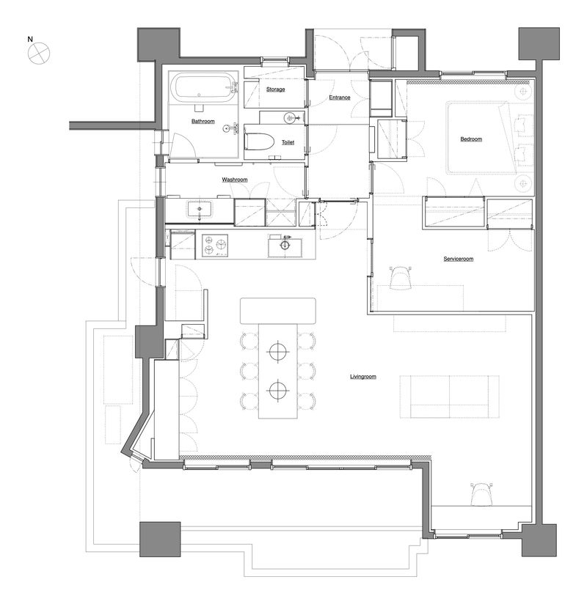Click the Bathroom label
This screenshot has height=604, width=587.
(x=203, y=121)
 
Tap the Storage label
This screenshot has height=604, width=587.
(x=275, y=89)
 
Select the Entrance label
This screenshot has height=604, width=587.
(x=339, y=97)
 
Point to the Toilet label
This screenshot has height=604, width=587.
(x=288, y=142)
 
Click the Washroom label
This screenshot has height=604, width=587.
(x=234, y=180)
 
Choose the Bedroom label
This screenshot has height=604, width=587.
(x=470, y=139)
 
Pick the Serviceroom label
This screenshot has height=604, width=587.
(x=459, y=259)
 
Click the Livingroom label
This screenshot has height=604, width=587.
(x=362, y=377)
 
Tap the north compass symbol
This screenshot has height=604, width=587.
(x=38, y=52)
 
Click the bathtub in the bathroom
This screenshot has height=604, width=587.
(x=203, y=89)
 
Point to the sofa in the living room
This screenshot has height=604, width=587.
(x=449, y=397)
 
